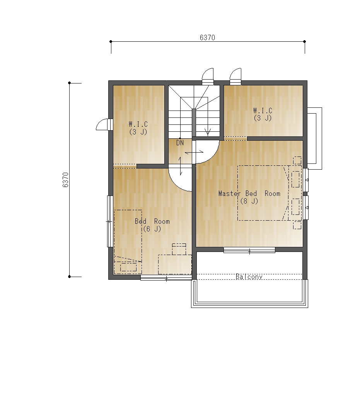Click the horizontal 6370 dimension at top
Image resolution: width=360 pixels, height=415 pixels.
(207, 37)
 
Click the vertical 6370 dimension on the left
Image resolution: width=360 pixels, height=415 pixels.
(65, 180)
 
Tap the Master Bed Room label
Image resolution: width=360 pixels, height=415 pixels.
(249, 194)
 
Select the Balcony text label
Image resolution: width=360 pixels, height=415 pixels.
(249, 277)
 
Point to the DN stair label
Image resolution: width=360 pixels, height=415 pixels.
(180, 143)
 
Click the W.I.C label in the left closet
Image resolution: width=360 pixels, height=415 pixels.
(138, 124)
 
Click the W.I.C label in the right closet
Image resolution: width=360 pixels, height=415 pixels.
(263, 111)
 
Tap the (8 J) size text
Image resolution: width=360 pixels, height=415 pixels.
(249, 201)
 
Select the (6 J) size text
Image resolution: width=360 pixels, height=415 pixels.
(152, 229)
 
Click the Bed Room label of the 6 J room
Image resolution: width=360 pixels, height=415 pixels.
(152, 221)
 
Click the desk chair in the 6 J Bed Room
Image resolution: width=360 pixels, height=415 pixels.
(179, 249)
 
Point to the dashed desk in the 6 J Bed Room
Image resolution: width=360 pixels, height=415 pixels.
(175, 264)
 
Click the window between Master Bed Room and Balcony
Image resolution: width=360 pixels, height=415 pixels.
(249, 250)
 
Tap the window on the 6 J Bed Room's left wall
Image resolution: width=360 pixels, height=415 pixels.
(110, 221)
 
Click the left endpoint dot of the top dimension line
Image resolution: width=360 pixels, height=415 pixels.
(111, 42)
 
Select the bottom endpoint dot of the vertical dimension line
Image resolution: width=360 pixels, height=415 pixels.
(69, 277)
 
